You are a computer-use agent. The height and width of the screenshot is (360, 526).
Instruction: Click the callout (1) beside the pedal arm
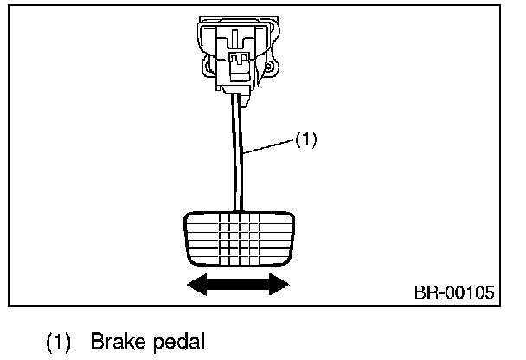[305, 139]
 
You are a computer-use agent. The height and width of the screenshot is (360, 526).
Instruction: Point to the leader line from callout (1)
[269, 147]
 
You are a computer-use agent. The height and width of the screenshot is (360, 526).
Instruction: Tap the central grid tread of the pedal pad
[240, 239]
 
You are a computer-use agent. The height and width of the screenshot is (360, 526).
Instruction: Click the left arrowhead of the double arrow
[197, 285]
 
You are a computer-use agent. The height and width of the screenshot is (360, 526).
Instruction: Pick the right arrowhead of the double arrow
[279, 285]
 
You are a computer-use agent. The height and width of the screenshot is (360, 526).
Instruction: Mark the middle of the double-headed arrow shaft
[238, 285]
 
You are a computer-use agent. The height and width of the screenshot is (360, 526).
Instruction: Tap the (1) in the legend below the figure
[58, 342]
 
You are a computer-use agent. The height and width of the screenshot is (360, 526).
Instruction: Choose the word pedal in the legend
[179, 342]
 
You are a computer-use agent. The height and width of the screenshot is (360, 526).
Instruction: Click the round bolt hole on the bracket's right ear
[268, 67]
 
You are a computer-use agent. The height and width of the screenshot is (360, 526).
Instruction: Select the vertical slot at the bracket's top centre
[234, 37]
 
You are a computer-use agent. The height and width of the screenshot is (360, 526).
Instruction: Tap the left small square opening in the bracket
[233, 58]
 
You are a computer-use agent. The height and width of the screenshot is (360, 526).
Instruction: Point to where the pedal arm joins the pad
[238, 212]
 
